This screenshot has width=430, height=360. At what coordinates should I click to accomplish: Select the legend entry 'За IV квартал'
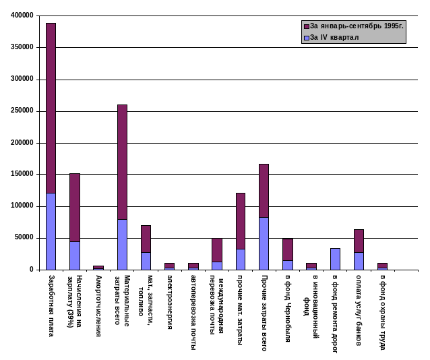point(334,37)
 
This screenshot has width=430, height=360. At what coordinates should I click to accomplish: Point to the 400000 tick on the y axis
point(23,15)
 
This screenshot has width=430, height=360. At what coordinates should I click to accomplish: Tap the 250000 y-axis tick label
point(23,111)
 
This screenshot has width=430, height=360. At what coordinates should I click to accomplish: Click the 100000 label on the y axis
point(23,206)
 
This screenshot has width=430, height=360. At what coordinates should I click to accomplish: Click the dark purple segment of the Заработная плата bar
point(51,108)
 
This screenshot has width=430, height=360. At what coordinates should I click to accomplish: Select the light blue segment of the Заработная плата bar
point(51,231)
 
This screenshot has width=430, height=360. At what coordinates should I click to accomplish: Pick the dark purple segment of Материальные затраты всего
point(122,162)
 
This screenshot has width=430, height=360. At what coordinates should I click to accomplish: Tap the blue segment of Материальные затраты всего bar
point(122,244)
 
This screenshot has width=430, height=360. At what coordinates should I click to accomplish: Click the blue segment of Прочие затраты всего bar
point(264,243)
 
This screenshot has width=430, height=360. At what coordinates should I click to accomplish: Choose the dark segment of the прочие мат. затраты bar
point(241,221)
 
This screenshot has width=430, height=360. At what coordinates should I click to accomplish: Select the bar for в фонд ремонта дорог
point(335,259)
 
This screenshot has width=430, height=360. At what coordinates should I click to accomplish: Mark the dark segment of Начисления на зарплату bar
point(75,208)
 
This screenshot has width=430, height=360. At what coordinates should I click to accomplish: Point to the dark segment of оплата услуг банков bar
point(359,241)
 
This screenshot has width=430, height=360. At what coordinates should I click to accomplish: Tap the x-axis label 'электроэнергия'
point(170,302)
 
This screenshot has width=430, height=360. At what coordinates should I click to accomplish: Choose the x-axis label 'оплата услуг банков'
point(359,310)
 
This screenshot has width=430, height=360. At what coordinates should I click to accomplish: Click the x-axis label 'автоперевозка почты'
point(193,311)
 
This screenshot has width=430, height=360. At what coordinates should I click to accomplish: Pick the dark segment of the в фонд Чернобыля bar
point(288,249)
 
